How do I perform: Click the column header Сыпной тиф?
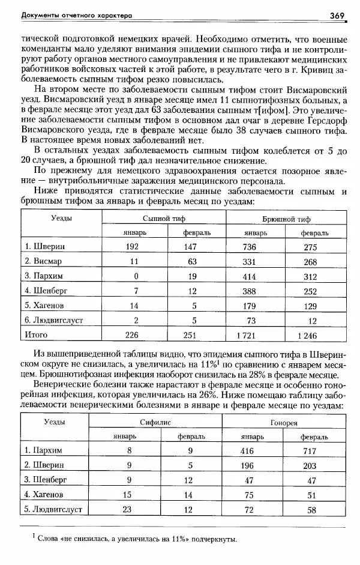(x=158, y=219)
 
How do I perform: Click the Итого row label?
(x=36, y=334)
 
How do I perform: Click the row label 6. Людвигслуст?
(x=55, y=320)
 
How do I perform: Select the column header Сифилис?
(x=155, y=423)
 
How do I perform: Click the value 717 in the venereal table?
(x=309, y=450)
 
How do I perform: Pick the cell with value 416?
(x=247, y=450)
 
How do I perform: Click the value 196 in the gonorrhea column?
(x=247, y=465)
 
